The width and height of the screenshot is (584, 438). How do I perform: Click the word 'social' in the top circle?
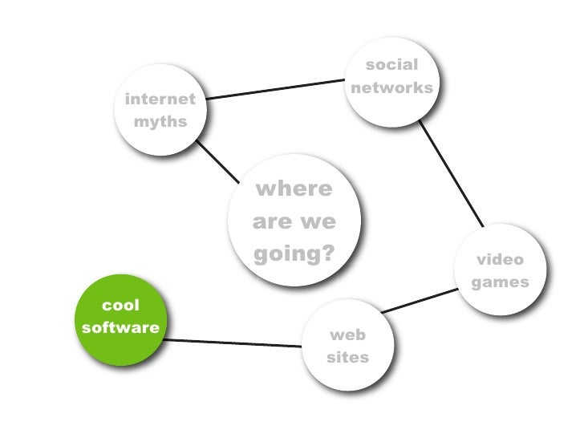391,64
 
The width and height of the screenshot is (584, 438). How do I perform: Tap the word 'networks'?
391,87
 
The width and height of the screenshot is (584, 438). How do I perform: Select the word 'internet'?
160,99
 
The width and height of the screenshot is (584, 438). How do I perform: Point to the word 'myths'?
160,123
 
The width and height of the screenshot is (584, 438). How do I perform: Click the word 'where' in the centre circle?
293,189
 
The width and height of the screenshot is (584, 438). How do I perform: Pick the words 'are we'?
293,222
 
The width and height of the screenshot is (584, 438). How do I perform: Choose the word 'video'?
500,260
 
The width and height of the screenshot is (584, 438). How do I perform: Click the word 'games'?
500,282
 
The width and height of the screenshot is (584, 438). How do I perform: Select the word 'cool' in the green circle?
120,305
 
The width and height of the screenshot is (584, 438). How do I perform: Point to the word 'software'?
120,327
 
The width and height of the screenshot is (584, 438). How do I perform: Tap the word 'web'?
347,335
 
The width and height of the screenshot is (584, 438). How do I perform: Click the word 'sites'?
347,357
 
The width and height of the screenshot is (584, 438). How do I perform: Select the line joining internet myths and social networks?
273,88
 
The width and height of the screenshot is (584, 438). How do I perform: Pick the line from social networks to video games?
451,171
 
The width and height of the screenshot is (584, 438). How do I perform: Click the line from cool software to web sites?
233,343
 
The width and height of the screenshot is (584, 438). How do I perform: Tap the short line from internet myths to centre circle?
218,161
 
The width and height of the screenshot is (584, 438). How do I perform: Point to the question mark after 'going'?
326,254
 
